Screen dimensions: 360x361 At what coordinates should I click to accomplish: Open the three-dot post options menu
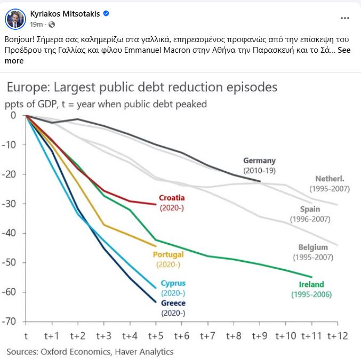tap(345, 18)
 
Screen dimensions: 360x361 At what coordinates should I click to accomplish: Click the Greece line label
tap(173, 303)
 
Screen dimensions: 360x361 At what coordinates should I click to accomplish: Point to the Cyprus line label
tap(173, 284)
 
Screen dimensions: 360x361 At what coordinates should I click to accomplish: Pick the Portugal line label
tap(168, 254)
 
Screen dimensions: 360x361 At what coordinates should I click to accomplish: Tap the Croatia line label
tap(172, 198)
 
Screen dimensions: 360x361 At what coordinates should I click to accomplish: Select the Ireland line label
tap(311, 284)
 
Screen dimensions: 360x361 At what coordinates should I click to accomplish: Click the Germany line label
tap(259, 161)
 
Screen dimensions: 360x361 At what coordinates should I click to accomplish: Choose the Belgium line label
tap(313, 247)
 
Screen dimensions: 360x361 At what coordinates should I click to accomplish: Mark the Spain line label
tap(310, 209)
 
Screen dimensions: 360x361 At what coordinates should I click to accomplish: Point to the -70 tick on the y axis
tap(10, 321)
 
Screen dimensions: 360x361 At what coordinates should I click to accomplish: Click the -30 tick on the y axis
tap(10, 203)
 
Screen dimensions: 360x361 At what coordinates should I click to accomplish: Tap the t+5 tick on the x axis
tap(156, 336)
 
